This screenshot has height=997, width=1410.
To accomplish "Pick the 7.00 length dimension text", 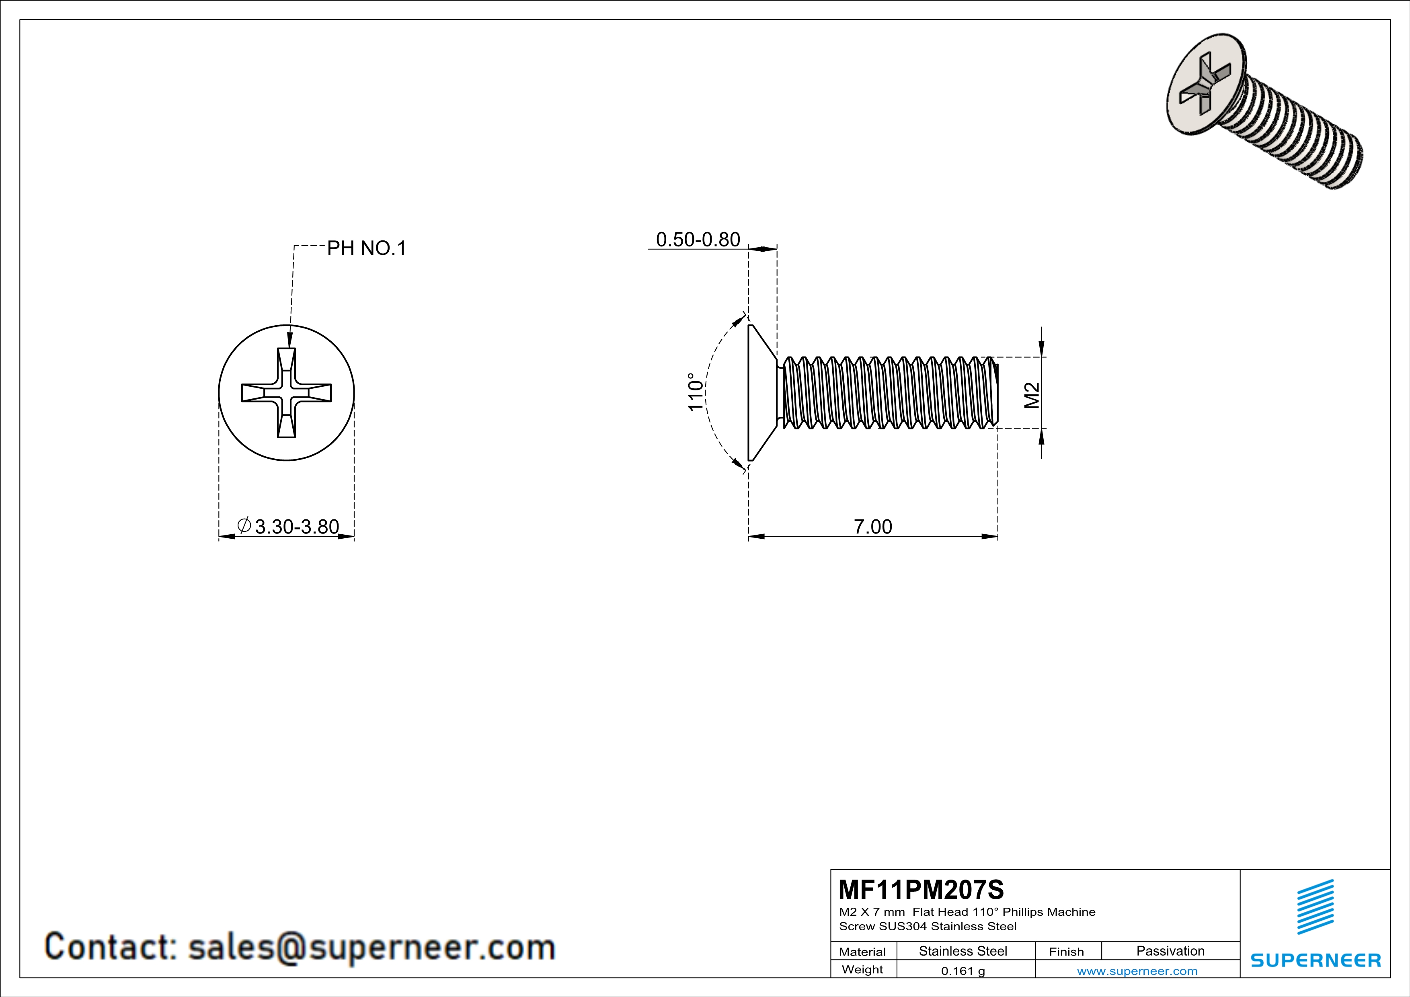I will [872, 526].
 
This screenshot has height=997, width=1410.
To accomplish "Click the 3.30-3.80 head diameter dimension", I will [297, 526].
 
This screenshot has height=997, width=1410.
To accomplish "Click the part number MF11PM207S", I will [921, 889].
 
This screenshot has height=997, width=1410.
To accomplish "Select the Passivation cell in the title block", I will [1170, 951].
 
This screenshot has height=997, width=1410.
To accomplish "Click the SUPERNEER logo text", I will [1316, 960].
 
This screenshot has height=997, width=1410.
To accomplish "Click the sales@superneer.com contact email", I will [371, 947].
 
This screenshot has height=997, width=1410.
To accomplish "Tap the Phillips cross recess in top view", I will [286, 393].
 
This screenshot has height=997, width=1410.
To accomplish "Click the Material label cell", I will [862, 952].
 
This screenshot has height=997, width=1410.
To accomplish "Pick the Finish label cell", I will [1066, 952].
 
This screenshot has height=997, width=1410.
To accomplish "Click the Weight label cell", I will [862, 969].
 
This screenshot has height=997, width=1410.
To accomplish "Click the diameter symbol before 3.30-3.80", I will [244, 525].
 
